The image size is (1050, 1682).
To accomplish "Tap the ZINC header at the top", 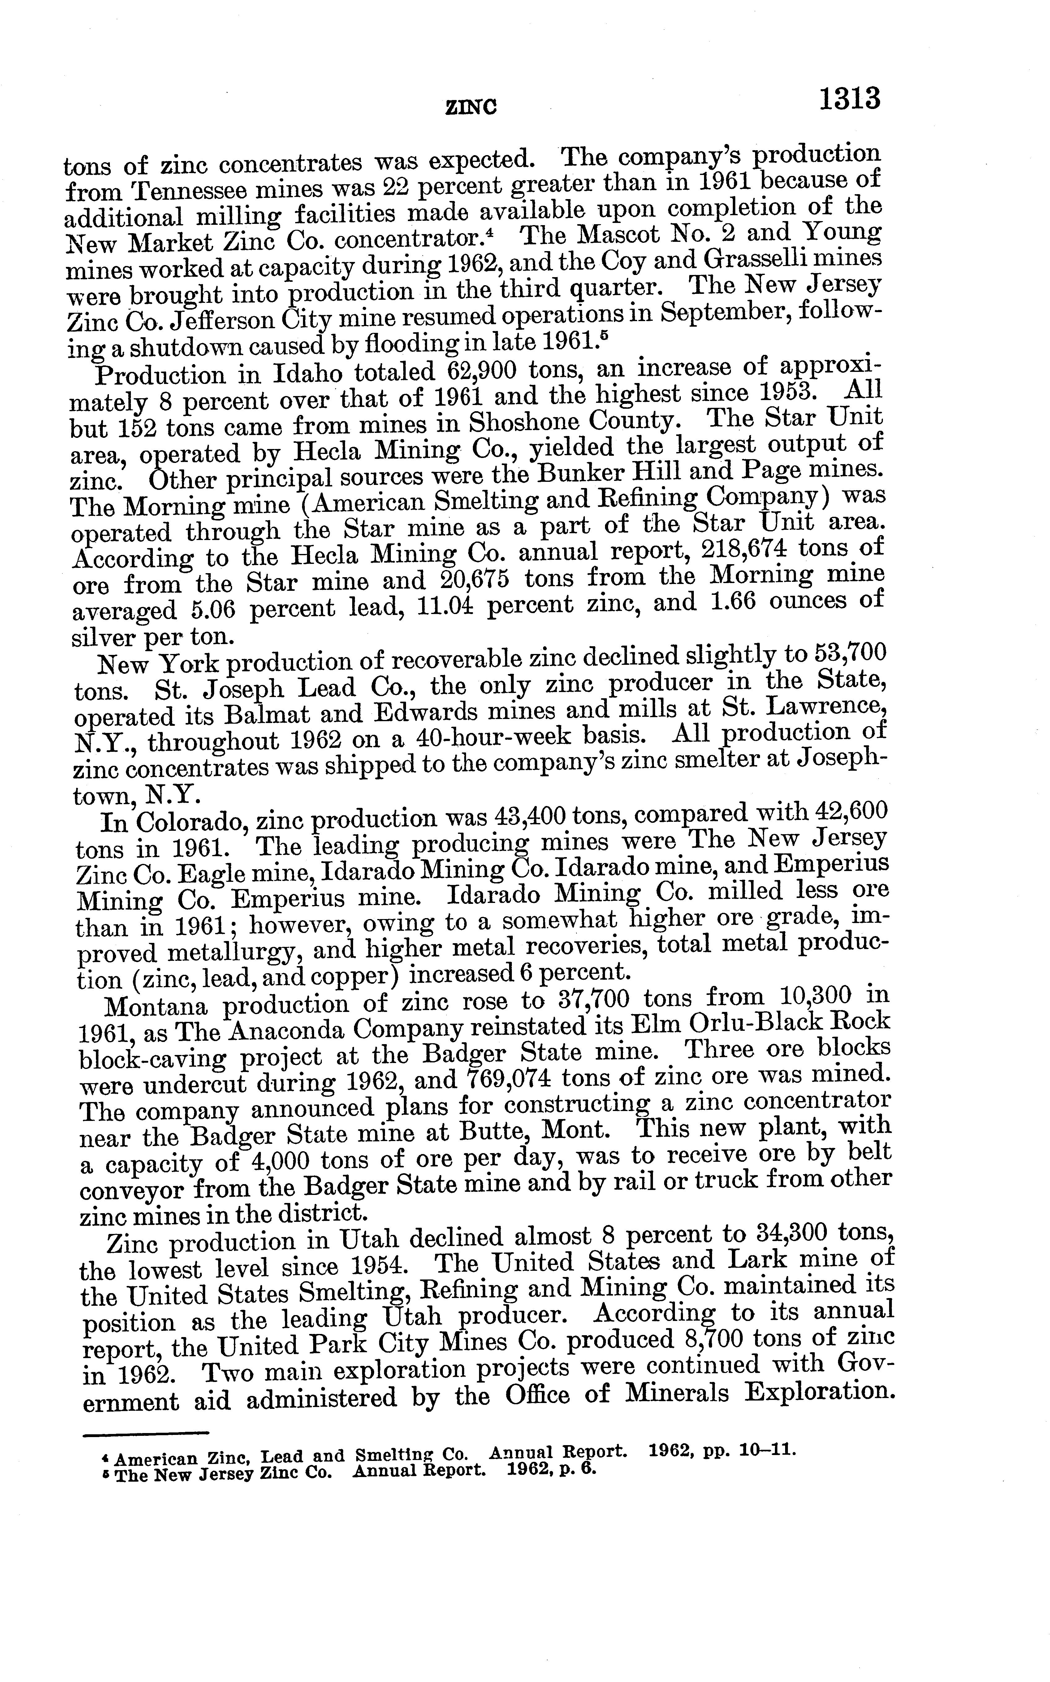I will (471, 108).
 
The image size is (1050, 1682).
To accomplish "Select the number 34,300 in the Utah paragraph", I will (784, 1234).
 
